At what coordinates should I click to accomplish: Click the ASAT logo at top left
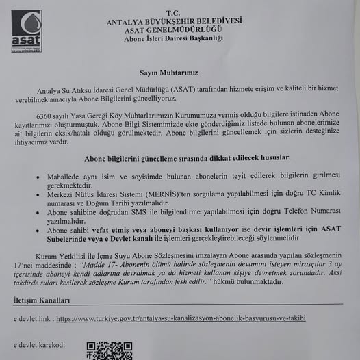(x=26, y=31)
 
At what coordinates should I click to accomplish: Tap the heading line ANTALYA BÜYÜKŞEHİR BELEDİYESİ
(x=175, y=22)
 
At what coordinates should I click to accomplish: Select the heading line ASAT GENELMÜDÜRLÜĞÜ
(x=174, y=29)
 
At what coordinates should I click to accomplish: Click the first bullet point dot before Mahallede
(x=38, y=177)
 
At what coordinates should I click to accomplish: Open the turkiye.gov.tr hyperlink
(x=180, y=319)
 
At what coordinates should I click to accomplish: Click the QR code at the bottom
(x=109, y=350)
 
